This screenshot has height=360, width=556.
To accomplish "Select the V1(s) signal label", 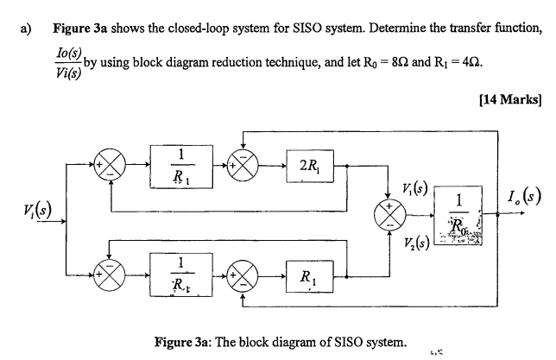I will (x=415, y=189).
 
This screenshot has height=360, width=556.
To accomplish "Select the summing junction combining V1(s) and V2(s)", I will (x=388, y=215).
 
